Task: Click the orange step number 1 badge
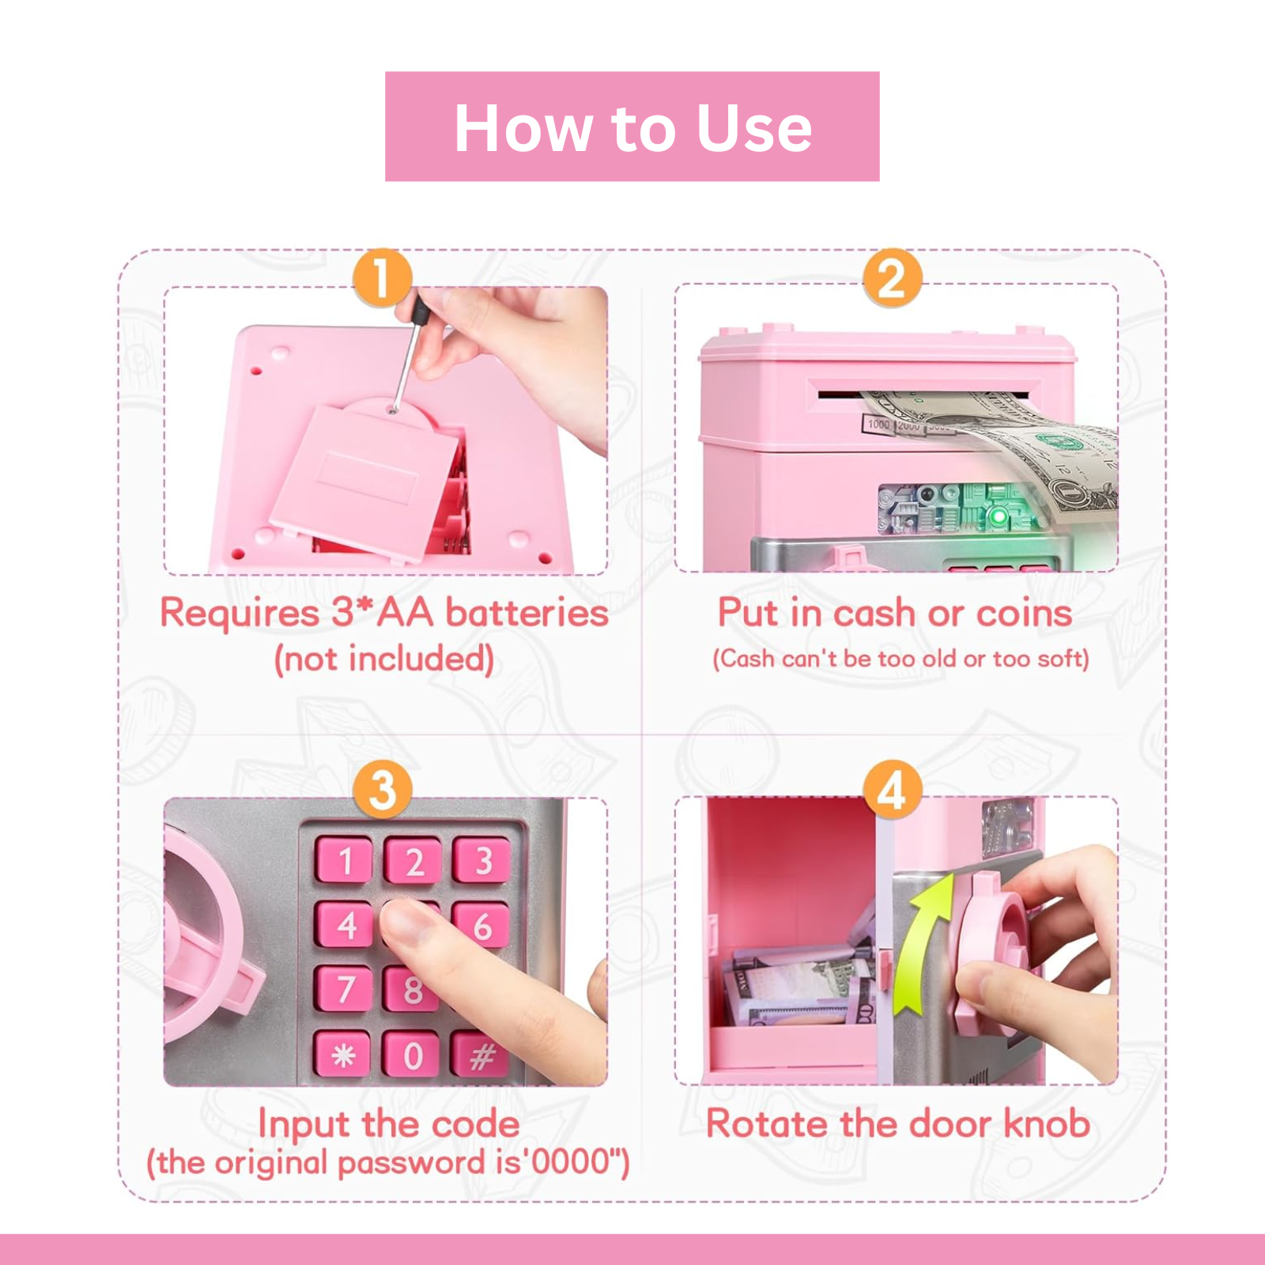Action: point(382,278)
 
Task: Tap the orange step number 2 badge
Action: point(892,278)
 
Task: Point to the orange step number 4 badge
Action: point(892,789)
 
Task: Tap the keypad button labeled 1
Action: point(344,860)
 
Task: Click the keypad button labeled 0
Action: point(412,1055)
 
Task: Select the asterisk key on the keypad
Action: point(342,1055)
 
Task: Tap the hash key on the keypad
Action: point(481,1055)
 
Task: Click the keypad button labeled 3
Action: point(482,860)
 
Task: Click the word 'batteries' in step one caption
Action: point(527,613)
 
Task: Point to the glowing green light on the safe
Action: point(1000,517)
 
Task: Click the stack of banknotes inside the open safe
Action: point(791,988)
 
